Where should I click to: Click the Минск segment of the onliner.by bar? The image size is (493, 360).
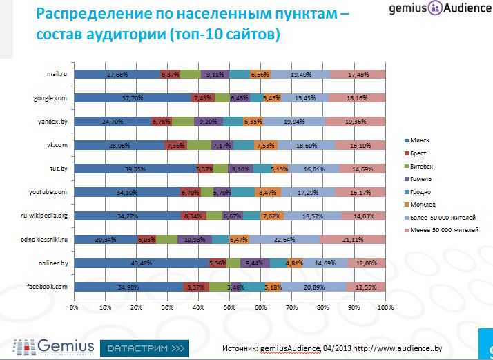(141, 263)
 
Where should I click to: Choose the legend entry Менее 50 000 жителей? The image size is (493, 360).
(442, 229)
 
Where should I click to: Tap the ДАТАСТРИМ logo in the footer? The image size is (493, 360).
(144, 346)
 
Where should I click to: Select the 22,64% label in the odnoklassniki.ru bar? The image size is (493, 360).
(284, 239)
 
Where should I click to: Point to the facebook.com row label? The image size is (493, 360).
(47, 286)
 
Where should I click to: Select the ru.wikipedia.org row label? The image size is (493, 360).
(43, 216)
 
